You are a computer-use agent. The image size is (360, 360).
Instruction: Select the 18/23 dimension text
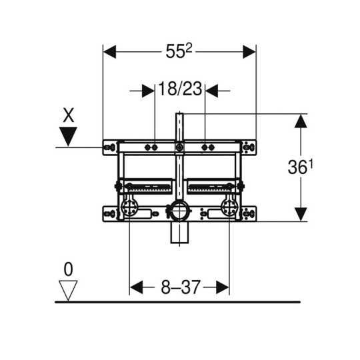pos(180,89)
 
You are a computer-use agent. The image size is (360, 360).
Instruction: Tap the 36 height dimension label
pos(300,167)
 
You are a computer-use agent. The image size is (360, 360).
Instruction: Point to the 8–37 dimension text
pos(181,287)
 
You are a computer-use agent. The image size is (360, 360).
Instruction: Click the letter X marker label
pos(69,115)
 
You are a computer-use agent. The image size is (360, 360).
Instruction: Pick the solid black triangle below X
pos(68,137)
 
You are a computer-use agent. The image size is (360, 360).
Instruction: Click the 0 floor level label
pos(68,269)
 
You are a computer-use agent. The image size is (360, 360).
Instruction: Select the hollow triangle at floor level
pos(68,290)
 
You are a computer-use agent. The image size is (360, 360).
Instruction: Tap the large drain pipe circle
pos(179,210)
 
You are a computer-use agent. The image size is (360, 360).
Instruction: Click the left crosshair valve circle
pos(129,207)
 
